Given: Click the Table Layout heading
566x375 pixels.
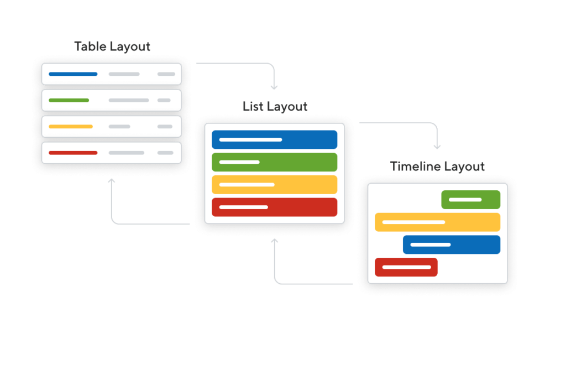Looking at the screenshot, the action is point(112,46).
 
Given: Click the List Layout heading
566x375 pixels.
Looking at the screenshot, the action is point(275,107).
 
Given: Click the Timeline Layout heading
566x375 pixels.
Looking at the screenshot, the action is point(437,166).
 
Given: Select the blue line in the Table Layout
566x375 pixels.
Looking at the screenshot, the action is point(73,74).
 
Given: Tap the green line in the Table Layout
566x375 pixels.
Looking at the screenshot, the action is point(69,101).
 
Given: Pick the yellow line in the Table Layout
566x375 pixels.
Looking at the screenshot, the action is point(71,127).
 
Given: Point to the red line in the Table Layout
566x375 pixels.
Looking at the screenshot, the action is point(73,153).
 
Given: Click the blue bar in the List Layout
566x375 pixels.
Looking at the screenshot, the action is point(274,140).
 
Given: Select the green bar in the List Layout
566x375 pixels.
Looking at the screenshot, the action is point(274,162).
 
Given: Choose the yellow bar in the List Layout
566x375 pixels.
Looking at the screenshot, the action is point(274,185).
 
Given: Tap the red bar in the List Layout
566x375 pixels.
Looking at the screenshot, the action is point(274,207).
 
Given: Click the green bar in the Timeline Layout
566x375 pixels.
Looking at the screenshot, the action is point(471,200).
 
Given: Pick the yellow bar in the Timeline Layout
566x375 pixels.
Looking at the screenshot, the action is point(438,222).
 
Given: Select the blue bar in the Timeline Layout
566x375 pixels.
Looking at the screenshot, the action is point(452,244).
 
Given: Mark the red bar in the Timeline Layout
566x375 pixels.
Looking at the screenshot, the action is point(406,267).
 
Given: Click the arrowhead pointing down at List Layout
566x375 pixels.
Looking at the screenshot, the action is point(274,87).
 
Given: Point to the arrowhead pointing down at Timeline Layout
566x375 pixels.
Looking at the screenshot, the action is point(437,147).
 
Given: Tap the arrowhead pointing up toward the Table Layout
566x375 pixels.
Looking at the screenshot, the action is point(112,181).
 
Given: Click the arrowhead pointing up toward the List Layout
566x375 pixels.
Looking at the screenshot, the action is point(275,241).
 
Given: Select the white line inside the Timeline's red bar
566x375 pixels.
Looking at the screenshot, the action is point(406,267).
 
